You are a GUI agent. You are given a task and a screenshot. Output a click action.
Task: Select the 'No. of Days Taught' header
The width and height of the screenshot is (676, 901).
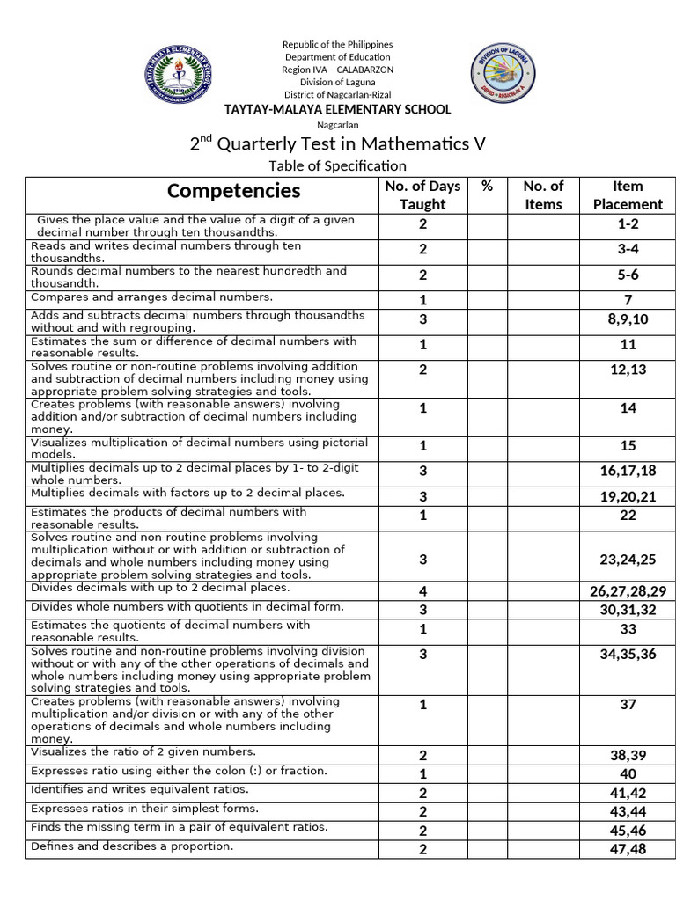point(422,195)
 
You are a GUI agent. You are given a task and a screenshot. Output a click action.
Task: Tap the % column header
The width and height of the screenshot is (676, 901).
point(487,187)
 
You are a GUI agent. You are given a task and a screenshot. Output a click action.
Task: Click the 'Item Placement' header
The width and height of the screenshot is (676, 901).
point(628,195)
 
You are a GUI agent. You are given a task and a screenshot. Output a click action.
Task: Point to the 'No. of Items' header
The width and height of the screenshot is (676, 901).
point(543,195)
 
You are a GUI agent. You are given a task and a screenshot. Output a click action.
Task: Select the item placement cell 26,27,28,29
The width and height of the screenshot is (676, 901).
point(628,591)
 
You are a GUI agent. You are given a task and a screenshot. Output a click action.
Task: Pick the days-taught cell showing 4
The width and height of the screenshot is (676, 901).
point(422,591)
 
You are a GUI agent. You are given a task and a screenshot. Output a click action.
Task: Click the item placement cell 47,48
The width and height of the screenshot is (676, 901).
point(628,849)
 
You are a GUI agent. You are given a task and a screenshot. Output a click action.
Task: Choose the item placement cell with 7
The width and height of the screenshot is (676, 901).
point(628,300)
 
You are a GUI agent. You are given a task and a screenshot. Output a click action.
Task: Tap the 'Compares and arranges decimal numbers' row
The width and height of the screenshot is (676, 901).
point(151,297)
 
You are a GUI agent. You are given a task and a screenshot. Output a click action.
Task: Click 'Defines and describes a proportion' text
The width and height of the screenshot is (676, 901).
point(132,846)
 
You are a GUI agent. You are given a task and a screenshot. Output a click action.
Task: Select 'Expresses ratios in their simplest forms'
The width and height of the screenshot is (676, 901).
point(144,808)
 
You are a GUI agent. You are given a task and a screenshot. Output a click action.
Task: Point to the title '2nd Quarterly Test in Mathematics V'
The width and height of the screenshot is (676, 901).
point(338,143)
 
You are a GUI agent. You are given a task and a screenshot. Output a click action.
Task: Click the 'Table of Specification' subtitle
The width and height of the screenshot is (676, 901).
point(338,165)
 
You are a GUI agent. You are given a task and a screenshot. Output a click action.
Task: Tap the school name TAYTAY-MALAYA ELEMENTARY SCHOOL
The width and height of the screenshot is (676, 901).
point(338,109)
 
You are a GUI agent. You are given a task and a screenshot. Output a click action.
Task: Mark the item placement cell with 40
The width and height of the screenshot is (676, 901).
point(628,773)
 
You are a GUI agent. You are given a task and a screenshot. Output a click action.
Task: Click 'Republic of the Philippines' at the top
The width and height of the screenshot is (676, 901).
point(337,44)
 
